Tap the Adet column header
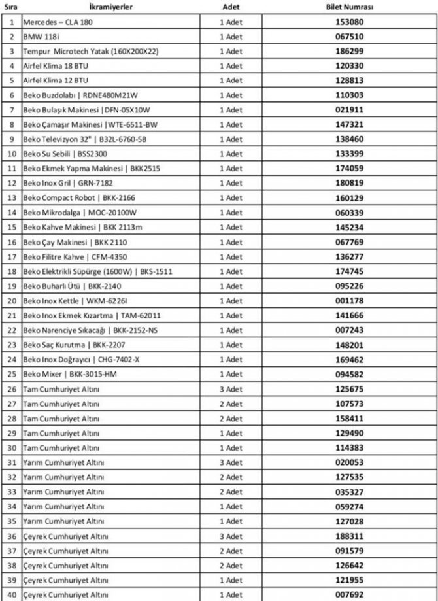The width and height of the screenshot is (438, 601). click(230, 7)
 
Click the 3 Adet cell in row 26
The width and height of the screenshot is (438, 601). click(230, 389)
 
